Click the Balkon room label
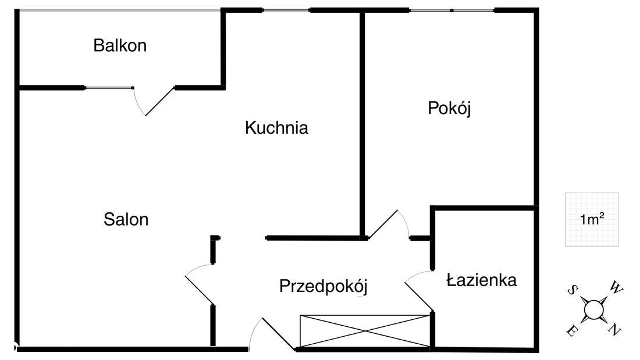(120, 45)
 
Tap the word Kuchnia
(276, 128)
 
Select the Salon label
(126, 219)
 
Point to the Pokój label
(449, 108)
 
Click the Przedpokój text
(323, 286)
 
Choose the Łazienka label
(481, 280)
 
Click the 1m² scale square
(592, 219)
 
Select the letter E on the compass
(572, 331)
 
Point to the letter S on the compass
(573, 289)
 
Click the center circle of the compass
(593, 309)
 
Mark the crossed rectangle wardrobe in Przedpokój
(364, 332)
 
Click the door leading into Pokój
(384, 224)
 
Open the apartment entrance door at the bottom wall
(277, 334)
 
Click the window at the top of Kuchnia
(285, 10)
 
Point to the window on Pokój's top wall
(452, 10)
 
